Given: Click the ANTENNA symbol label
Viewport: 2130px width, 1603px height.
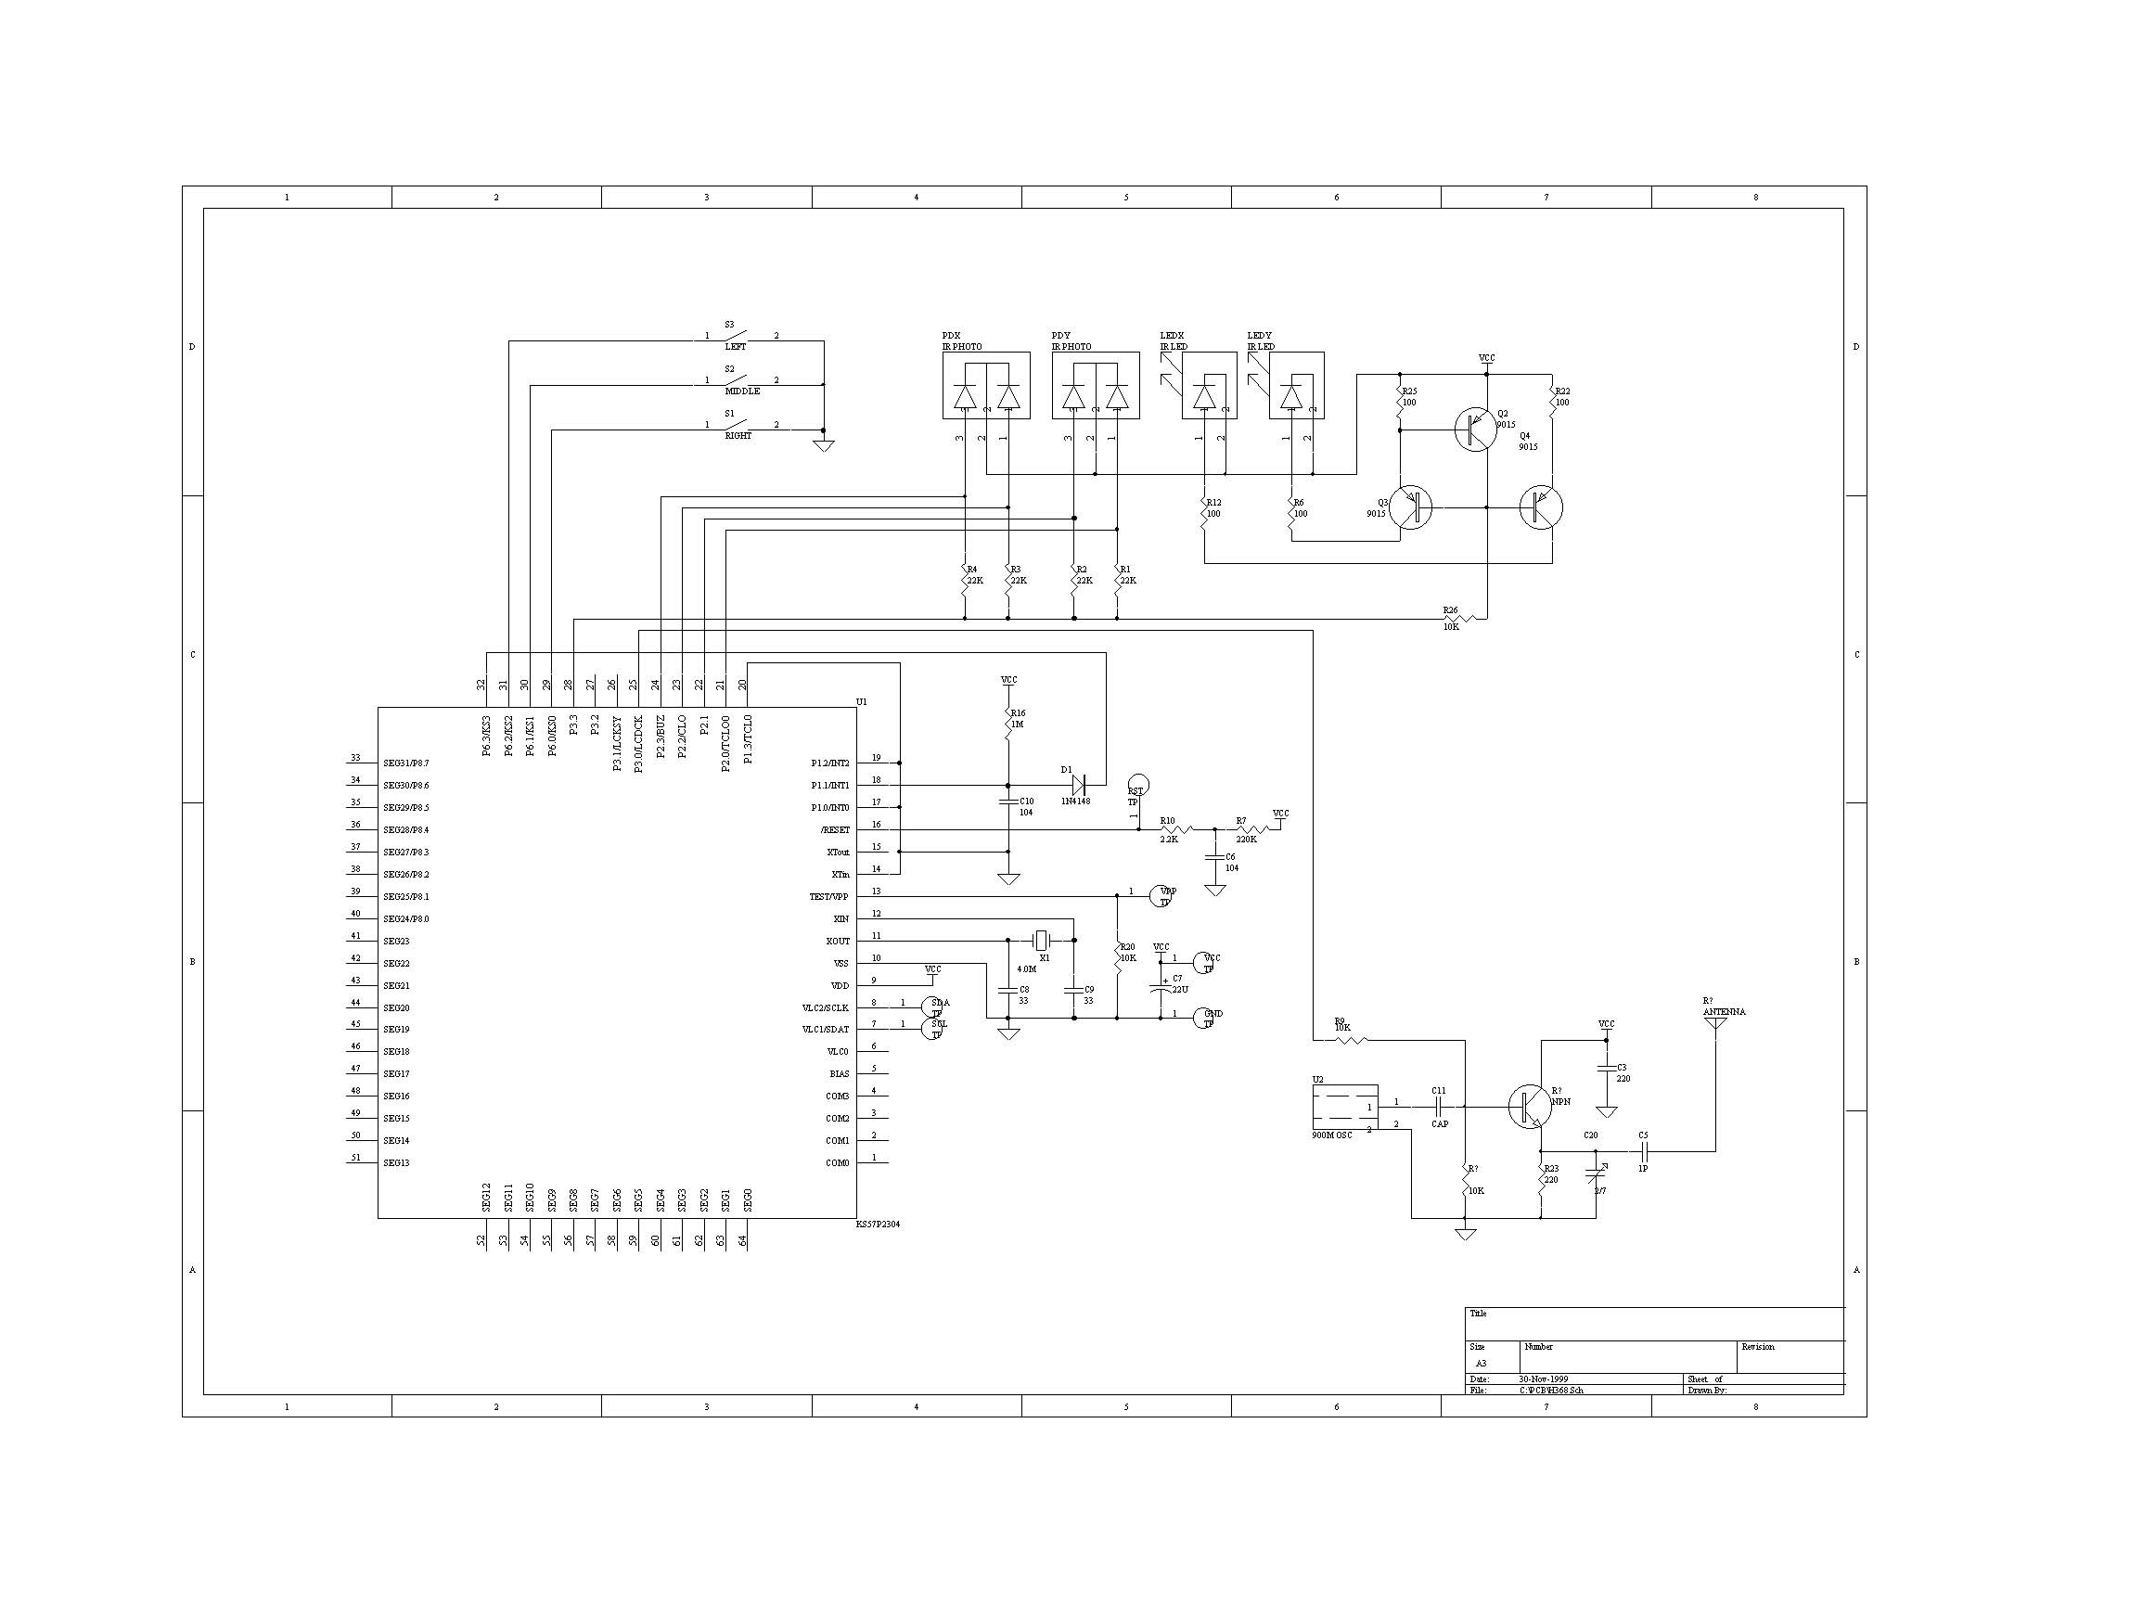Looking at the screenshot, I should tap(1724, 1012).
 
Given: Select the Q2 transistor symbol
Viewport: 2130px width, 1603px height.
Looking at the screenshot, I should tap(1475, 430).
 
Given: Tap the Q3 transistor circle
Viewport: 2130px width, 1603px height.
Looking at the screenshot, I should tap(1411, 507).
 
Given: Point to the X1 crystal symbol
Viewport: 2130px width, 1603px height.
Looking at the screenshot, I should tap(1040, 940).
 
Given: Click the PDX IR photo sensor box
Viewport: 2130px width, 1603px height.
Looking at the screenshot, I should tap(985, 385).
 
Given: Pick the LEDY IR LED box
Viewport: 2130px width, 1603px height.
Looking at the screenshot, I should tap(1295, 385).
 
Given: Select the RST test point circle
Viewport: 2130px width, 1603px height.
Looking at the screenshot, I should tap(1137, 785).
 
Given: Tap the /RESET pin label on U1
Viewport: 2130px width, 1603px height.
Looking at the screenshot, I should tap(835, 830).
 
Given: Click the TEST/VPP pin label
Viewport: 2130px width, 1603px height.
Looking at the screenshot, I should tap(829, 896).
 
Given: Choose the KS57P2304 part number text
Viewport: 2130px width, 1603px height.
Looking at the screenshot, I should tap(878, 1225).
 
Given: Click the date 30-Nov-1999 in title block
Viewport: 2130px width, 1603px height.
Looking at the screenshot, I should tap(1544, 1379).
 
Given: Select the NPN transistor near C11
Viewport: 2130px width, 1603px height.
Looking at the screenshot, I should tap(1528, 1106).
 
